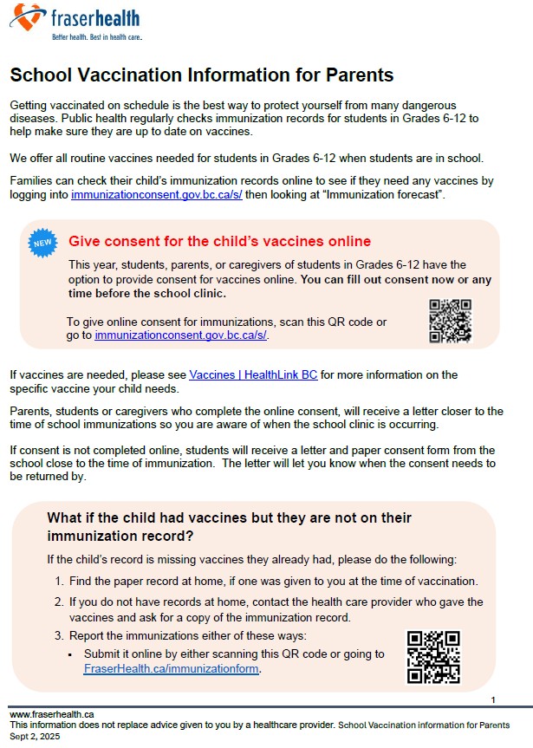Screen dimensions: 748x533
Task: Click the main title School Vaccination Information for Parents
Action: tap(201, 75)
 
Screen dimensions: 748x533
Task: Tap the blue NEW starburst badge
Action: tap(43, 244)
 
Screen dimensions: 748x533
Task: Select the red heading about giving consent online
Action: tap(219, 241)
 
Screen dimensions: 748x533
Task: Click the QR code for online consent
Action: tap(450, 321)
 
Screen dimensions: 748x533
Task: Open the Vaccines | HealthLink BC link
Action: tap(253, 375)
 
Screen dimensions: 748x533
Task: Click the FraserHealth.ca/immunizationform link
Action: tap(172, 668)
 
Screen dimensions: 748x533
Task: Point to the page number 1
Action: tap(492, 699)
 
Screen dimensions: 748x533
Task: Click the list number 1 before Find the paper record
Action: tap(58, 581)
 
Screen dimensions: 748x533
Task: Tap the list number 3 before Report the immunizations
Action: tap(58, 635)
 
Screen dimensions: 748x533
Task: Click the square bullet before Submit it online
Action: tap(69, 654)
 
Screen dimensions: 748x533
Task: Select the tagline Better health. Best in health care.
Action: tap(96, 38)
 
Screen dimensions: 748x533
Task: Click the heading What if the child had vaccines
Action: tap(229, 526)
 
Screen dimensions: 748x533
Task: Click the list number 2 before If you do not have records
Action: tap(58, 602)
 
